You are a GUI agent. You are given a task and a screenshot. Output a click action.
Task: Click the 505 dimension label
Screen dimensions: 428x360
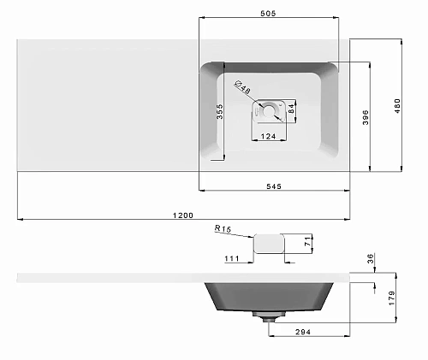(x=268, y=14)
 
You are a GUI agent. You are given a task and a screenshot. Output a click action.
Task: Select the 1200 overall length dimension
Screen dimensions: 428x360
(x=183, y=215)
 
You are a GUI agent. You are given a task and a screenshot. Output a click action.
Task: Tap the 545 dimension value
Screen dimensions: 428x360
(x=274, y=186)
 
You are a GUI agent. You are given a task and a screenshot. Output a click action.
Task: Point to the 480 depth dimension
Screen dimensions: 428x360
(x=397, y=106)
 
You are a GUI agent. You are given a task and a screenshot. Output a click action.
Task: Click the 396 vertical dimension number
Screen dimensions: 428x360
(x=366, y=117)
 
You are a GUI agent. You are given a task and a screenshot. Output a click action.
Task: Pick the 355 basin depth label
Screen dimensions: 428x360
(x=219, y=111)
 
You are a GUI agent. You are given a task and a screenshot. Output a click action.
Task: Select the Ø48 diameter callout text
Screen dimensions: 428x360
(x=242, y=87)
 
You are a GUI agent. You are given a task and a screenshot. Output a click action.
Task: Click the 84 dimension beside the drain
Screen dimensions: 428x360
(x=291, y=109)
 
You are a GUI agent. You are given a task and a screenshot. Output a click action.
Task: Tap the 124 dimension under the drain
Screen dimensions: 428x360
(x=268, y=137)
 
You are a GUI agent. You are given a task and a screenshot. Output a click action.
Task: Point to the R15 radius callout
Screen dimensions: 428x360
(x=223, y=228)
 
